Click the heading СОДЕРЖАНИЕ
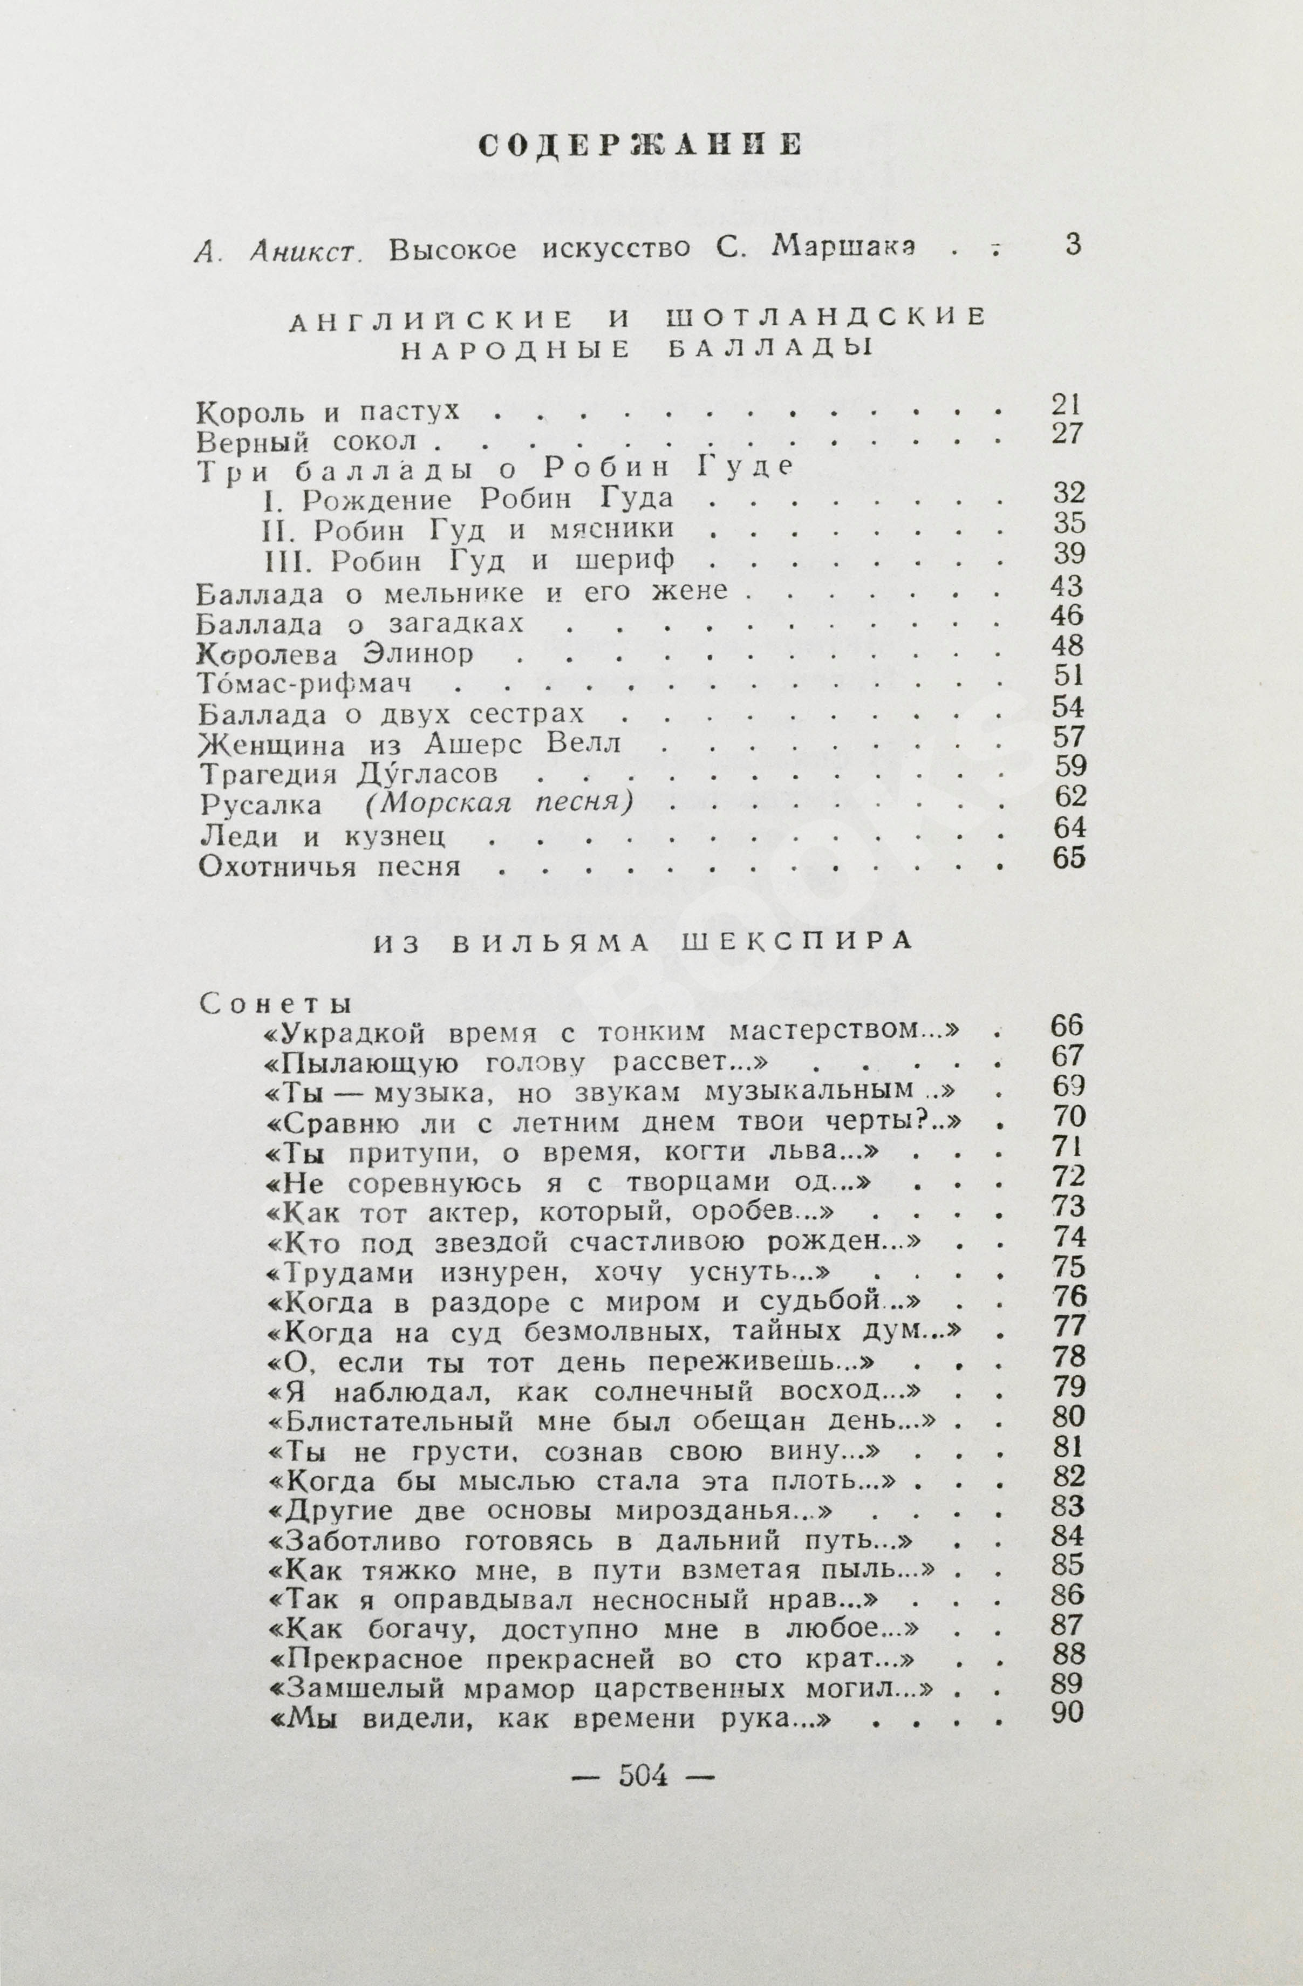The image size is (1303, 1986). coord(640,145)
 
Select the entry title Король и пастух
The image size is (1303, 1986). coord(329,411)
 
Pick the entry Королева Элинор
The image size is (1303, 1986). coord(336,654)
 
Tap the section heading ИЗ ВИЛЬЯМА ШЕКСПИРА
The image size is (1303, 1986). coord(643,942)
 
